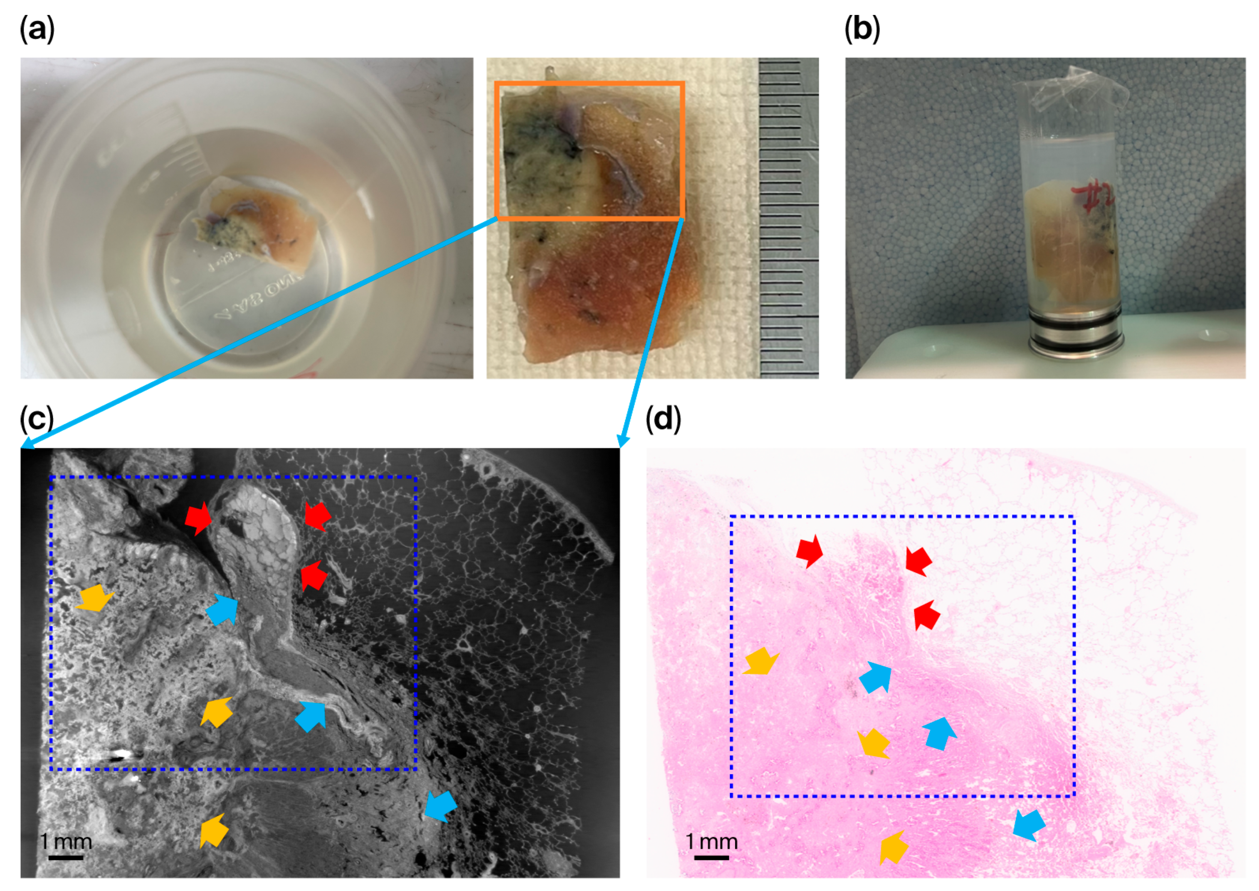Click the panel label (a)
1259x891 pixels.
pos(37,29)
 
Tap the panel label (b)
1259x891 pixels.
pos(862,29)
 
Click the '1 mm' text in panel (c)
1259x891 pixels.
pos(66,841)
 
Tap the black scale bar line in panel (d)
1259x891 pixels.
pos(711,857)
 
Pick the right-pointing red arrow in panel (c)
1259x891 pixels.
pos(197,518)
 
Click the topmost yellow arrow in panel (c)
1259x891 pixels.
pos(95,598)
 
